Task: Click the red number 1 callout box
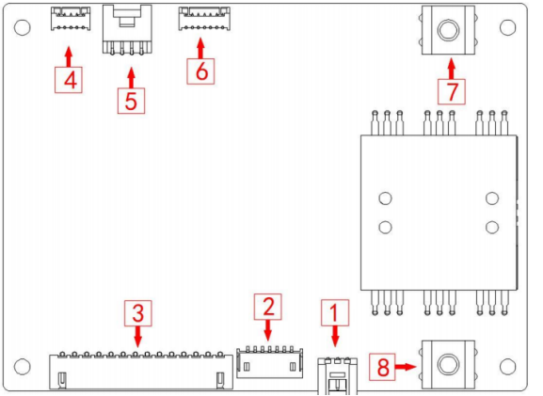[335, 312]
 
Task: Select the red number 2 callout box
[267, 307]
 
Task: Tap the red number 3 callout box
[138, 313]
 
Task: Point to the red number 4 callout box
[69, 80]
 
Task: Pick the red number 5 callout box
[131, 101]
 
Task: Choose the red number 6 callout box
[200, 71]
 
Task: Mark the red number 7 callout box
[452, 91]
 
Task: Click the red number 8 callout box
[382, 367]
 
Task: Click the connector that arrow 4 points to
[71, 19]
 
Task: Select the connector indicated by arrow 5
[127, 30]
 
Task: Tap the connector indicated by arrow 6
[204, 19]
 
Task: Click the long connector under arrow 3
[141, 371]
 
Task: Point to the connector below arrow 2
[270, 362]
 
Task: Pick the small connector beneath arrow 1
[338, 376]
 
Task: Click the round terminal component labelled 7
[449, 30]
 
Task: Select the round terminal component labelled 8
[449, 365]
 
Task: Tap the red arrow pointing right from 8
[406, 367]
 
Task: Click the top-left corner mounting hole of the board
[23, 27]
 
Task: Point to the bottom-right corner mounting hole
[508, 367]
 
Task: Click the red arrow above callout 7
[451, 69]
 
